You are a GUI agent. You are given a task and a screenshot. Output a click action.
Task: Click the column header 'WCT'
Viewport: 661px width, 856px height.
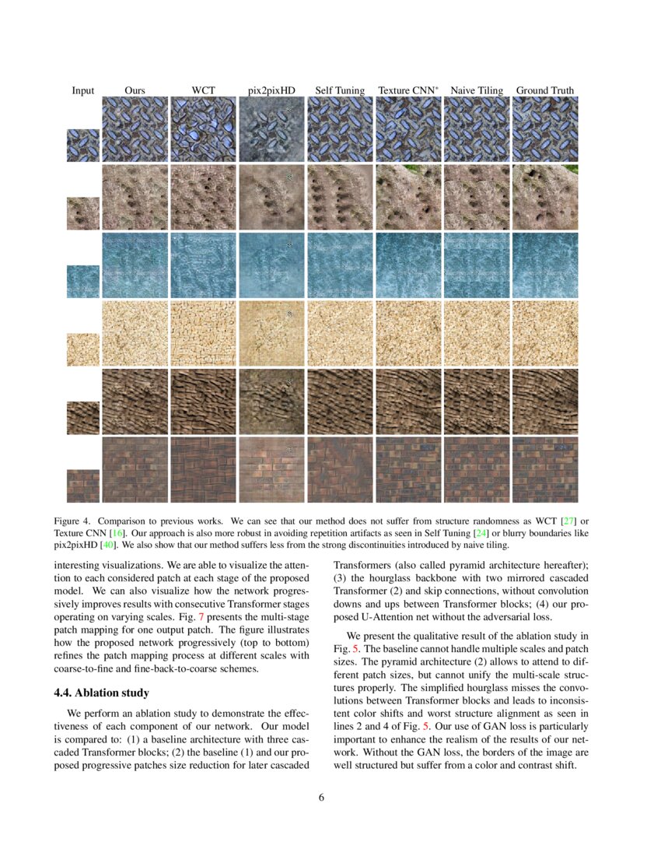click(x=203, y=90)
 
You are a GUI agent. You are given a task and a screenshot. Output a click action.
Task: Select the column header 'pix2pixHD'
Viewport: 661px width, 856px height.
click(x=271, y=90)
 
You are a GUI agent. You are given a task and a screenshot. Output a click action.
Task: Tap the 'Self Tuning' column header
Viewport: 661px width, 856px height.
click(x=340, y=90)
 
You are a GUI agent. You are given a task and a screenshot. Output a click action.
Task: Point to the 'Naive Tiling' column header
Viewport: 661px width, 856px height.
click(x=477, y=90)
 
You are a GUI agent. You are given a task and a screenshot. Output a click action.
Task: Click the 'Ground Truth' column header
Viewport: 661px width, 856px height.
click(x=545, y=90)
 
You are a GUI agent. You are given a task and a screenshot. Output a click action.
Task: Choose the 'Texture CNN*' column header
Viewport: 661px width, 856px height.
click(x=408, y=90)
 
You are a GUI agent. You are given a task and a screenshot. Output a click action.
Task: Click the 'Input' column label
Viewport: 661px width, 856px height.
click(x=83, y=90)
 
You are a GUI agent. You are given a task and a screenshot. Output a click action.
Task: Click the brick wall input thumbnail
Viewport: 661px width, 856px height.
click(x=83, y=486)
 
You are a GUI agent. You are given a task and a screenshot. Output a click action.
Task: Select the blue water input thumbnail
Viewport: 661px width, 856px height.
click(x=83, y=282)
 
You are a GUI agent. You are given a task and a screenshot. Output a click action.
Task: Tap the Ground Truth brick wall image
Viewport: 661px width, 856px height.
click(x=545, y=469)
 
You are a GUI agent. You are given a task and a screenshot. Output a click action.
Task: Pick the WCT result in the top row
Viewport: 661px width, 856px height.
click(x=203, y=129)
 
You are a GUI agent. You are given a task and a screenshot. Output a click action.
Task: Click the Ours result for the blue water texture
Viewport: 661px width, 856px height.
click(x=135, y=265)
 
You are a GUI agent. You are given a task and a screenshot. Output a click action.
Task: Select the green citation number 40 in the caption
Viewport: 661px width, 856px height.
click(x=120, y=545)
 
